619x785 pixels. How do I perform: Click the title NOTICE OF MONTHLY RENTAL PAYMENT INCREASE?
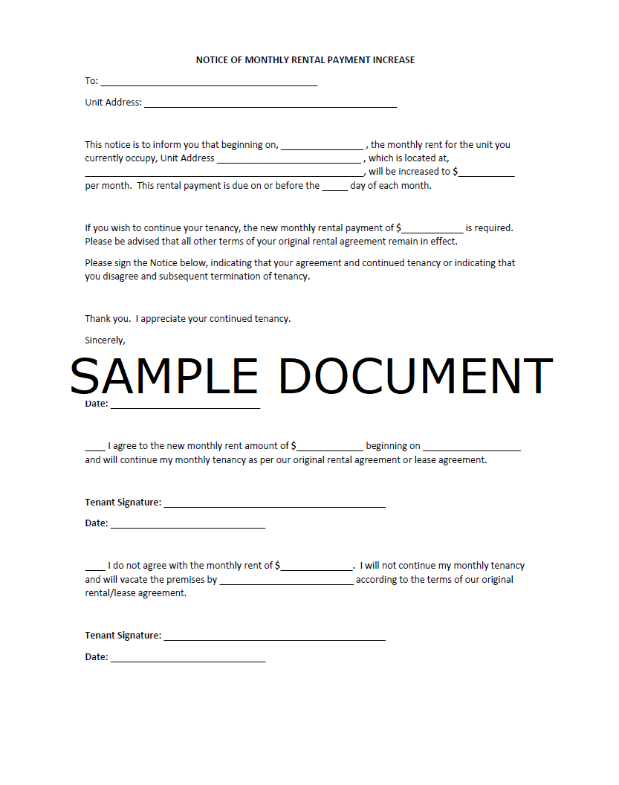(x=305, y=59)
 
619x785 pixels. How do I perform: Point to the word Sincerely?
(x=105, y=340)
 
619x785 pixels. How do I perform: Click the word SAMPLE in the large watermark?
(x=163, y=376)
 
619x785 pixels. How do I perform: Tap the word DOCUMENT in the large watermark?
(x=415, y=376)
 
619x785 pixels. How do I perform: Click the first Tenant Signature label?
(x=123, y=503)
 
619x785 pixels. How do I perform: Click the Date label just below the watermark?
(x=97, y=404)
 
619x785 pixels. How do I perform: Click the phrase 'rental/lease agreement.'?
(x=135, y=593)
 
